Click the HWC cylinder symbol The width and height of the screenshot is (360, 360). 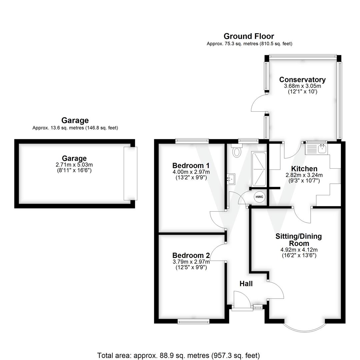click(259, 197)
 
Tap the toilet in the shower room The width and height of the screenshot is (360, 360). click(237, 151)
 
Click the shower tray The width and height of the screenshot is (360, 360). click(259, 169)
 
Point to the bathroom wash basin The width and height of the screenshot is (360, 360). click(231, 179)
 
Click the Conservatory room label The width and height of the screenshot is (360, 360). click(302, 80)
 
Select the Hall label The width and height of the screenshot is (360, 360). click(246, 284)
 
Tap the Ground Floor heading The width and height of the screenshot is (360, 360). click(249, 36)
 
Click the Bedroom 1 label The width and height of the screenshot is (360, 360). click(191, 166)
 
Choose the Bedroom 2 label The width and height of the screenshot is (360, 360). click(191, 256)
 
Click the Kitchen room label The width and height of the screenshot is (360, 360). click(304, 169)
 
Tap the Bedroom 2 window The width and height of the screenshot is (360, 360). click(193, 321)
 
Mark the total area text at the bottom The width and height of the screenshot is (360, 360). click(178, 355)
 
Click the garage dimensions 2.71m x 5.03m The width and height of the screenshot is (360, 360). click(74, 165)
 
